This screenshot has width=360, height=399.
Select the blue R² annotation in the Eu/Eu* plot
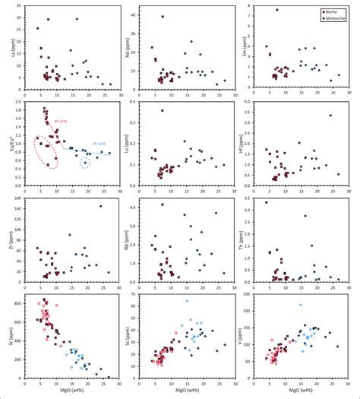[x=99, y=144]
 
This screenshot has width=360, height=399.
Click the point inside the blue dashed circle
[x=85, y=162]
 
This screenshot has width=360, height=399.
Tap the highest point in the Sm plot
[x=277, y=10]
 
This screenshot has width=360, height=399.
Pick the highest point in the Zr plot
[x=100, y=206]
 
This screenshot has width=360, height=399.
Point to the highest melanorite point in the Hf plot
[x=330, y=116]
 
